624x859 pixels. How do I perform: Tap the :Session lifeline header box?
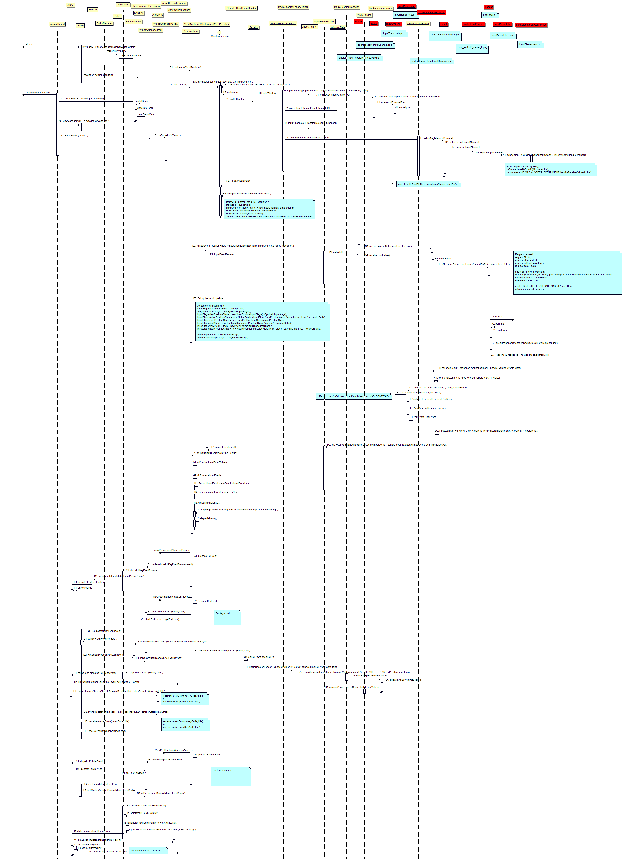tap(254, 27)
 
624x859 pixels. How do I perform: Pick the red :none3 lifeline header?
tap(358, 22)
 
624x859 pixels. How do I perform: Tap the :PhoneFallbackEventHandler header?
tap(241, 8)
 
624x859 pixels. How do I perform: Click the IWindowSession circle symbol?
tap(219, 33)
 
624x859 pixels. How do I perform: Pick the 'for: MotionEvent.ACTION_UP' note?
tap(148, 851)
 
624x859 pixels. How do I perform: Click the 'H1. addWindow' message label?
tap(267, 93)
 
